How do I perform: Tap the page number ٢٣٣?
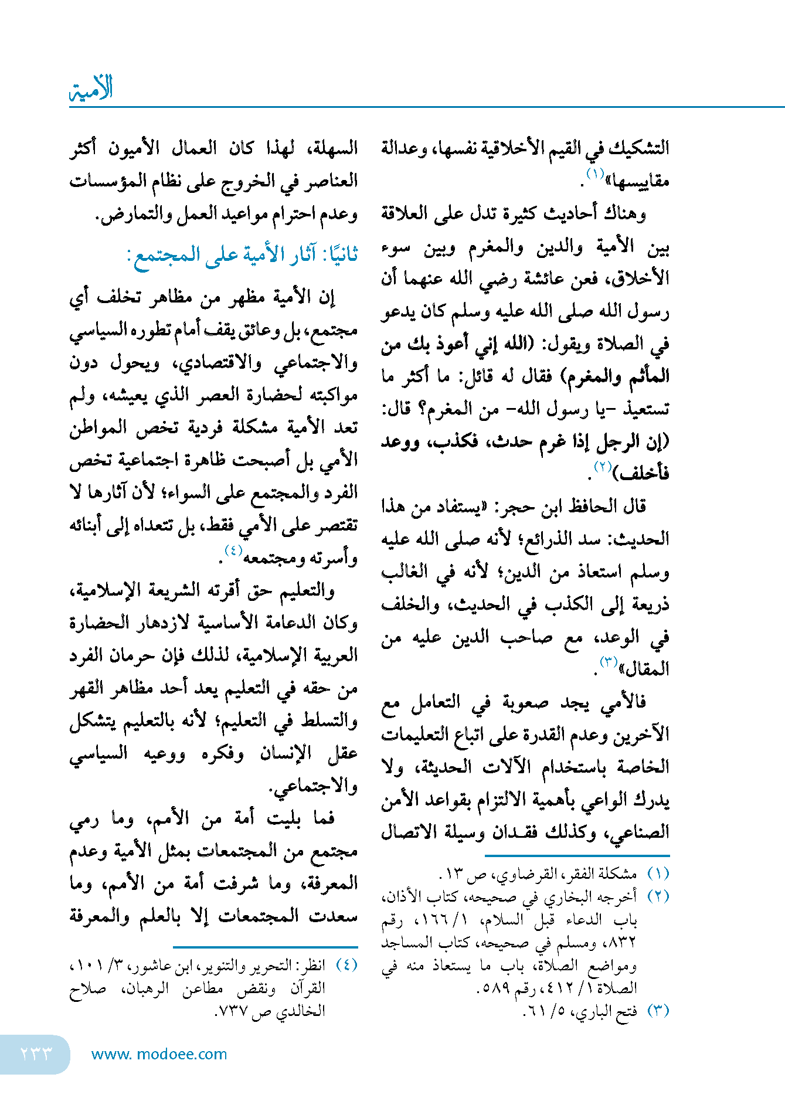[x=36, y=1053]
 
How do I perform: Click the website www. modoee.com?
[x=159, y=1054]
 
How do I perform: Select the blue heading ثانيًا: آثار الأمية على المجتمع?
[x=242, y=255]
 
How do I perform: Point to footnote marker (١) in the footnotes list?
[x=658, y=874]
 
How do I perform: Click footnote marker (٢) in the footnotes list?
[x=658, y=897]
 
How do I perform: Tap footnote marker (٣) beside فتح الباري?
[x=658, y=1011]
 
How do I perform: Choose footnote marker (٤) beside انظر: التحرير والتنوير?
[x=346, y=965]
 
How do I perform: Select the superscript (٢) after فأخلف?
[x=603, y=467]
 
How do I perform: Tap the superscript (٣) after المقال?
[x=609, y=662]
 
